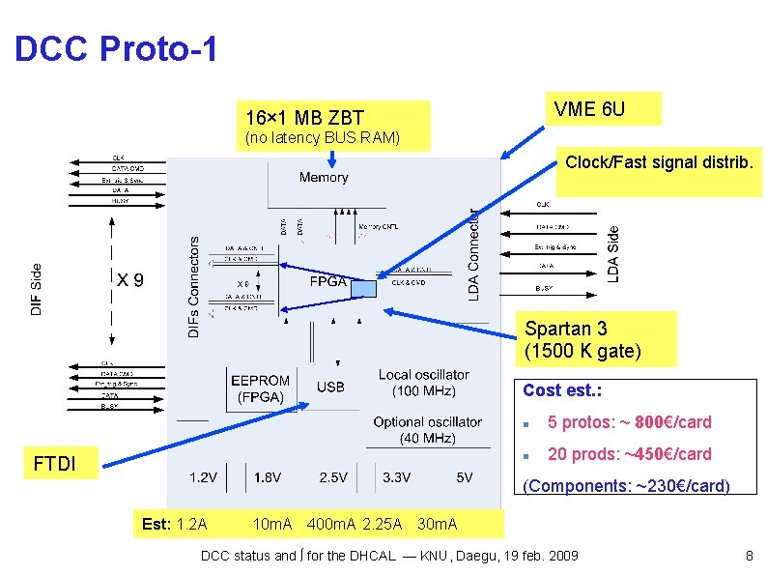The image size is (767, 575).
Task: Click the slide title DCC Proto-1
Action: click(116, 49)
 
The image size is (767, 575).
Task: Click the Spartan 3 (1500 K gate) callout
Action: click(582, 339)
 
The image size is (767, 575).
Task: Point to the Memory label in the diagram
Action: click(324, 177)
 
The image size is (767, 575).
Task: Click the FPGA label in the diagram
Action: click(328, 282)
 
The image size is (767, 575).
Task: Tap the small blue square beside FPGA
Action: click(363, 288)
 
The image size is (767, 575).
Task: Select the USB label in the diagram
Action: click(330, 388)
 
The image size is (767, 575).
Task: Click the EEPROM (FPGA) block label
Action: click(260, 388)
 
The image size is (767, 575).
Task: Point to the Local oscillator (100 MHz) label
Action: click(423, 382)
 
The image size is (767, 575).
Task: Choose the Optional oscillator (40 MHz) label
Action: click(427, 430)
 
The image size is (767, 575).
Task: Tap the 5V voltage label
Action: click(464, 476)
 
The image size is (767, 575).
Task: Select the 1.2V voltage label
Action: click(203, 476)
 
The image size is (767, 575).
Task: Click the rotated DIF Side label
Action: click(37, 289)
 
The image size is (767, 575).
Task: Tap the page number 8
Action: click(749, 556)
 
